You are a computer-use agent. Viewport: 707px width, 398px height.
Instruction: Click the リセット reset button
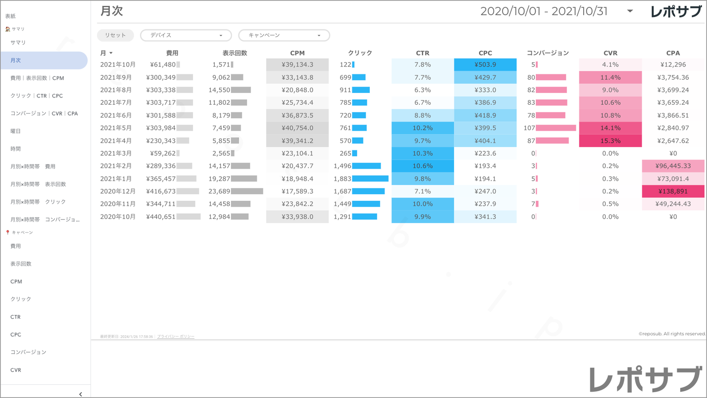tap(115, 35)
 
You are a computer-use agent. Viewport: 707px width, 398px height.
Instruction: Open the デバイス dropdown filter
tap(186, 35)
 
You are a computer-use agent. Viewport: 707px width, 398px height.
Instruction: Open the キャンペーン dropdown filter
tap(284, 35)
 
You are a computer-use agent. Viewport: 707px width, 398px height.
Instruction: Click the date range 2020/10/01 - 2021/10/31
tap(544, 11)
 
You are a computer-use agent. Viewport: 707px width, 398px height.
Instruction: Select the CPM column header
tap(297, 53)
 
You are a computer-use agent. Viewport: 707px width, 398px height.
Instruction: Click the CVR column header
tap(610, 53)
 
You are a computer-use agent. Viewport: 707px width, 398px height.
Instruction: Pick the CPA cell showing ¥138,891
tap(673, 191)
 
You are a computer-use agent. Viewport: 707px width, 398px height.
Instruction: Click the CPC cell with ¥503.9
tap(485, 65)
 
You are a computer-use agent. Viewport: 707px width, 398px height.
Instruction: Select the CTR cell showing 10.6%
tap(422, 166)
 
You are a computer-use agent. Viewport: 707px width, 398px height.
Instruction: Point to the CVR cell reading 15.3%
tap(610, 140)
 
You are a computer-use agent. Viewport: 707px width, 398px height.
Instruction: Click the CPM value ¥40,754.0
tap(297, 128)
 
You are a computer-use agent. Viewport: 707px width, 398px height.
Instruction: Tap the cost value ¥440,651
tap(161, 216)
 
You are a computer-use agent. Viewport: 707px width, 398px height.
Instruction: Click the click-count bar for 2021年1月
tap(370, 179)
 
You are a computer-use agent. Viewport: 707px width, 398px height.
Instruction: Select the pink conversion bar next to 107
tap(556, 128)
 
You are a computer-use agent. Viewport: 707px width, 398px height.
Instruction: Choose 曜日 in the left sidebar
tap(16, 131)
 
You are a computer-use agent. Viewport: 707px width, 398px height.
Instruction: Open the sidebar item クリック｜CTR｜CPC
tap(37, 96)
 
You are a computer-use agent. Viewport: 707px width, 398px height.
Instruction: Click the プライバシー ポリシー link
tap(176, 337)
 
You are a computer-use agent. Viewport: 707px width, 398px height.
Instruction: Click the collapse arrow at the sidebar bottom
tap(81, 394)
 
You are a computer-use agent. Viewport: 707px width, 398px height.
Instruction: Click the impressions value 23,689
tap(219, 191)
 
